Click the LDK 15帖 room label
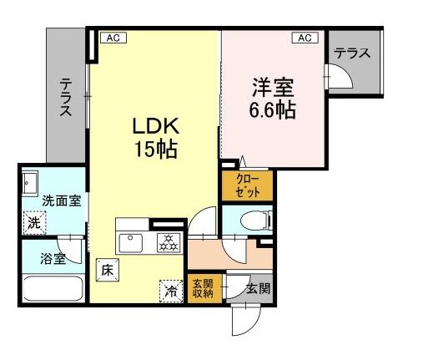point(154,138)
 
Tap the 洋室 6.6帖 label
point(274,98)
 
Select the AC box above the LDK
point(111,38)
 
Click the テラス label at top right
point(352,53)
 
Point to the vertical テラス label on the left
point(66,98)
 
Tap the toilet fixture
point(254,221)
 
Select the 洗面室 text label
point(62,201)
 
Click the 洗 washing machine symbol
point(34,223)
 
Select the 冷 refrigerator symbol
point(170,291)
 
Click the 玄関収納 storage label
point(203,288)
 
